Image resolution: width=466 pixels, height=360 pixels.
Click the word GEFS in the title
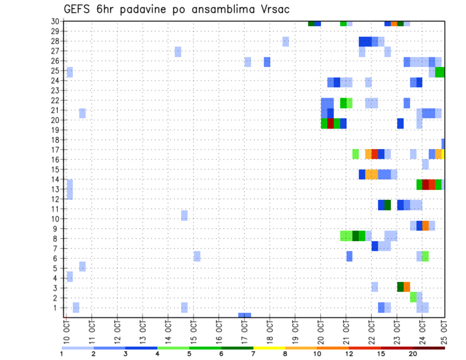tap(79, 9)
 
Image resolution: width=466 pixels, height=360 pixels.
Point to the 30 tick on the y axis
tap(56, 21)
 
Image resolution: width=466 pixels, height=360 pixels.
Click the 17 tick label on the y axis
tap(56, 149)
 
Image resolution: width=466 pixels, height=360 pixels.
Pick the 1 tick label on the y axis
tap(57, 308)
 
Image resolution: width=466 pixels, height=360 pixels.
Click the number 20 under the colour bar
tap(413, 354)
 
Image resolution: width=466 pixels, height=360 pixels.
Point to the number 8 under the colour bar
tap(285, 354)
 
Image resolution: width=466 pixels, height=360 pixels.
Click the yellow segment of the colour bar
tap(269, 348)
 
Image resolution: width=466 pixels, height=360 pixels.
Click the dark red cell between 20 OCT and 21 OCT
tap(331, 123)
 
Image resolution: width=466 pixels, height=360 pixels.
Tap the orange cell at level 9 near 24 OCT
tap(426, 226)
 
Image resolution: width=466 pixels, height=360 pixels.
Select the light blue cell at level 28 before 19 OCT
tap(286, 41)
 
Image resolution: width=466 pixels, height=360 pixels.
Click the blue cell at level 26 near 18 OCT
tap(267, 62)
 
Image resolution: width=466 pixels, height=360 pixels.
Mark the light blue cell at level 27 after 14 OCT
tap(178, 51)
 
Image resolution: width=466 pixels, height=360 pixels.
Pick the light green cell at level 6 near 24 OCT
tap(426, 256)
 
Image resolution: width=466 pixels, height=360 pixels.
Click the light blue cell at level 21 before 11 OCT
tap(83, 113)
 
